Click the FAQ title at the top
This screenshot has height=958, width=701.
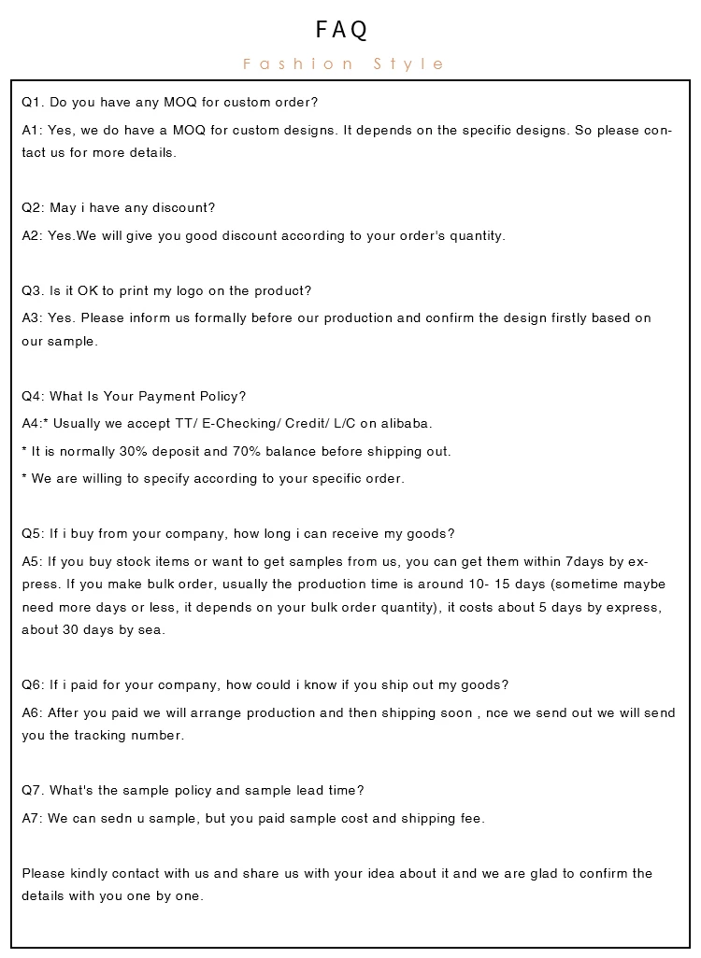coord(342,31)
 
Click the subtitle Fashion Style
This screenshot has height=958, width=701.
coord(344,64)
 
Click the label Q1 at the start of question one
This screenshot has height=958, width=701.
coord(33,102)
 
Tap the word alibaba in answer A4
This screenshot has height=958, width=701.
coord(406,423)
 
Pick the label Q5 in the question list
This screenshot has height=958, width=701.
coord(33,533)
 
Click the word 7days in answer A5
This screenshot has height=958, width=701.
coord(586,561)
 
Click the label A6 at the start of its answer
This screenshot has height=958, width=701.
coord(33,712)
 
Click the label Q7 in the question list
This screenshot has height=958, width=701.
coord(33,790)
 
